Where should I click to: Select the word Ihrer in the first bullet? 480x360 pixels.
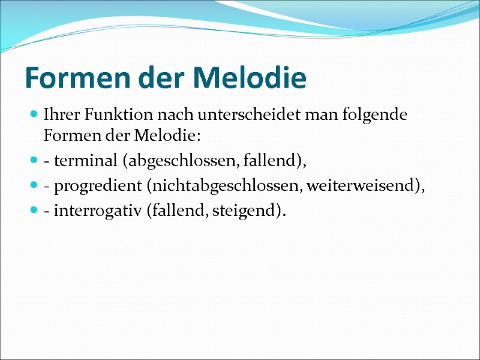(x=59, y=114)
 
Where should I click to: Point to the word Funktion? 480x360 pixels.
(x=110, y=114)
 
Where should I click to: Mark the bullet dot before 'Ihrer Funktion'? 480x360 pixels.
(x=34, y=114)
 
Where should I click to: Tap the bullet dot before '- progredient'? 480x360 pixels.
(x=34, y=187)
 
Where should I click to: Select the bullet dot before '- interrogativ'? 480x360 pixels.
(x=34, y=211)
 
